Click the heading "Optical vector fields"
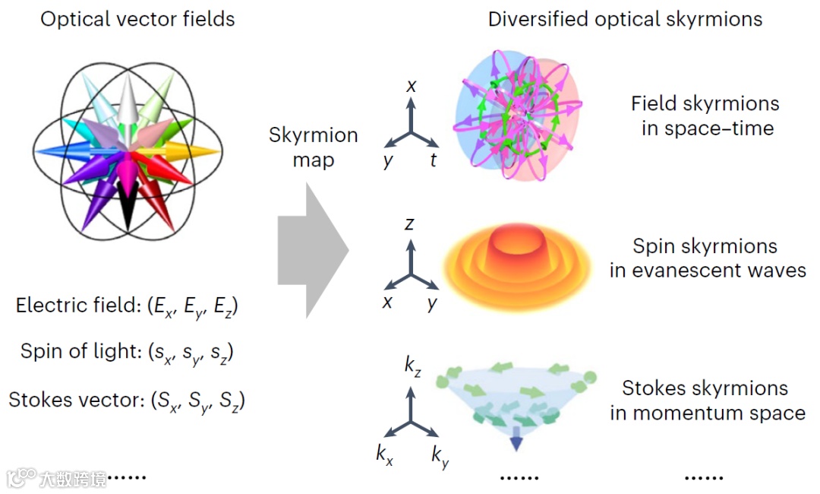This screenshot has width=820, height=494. tap(137, 19)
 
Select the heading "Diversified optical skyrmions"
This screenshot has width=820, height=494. tap(625, 19)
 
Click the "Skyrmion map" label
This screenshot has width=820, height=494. tap(314, 148)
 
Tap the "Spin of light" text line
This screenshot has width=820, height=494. tap(127, 353)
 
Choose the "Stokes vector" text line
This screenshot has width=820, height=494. tap(128, 400)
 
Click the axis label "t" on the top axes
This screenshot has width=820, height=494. tap(434, 160)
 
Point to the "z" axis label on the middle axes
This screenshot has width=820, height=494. tap(410, 224)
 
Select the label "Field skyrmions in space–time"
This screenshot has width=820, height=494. tap(705, 116)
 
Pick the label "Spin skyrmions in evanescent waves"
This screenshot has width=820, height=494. tap(707, 258)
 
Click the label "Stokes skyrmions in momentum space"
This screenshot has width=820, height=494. tap(707, 401)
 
